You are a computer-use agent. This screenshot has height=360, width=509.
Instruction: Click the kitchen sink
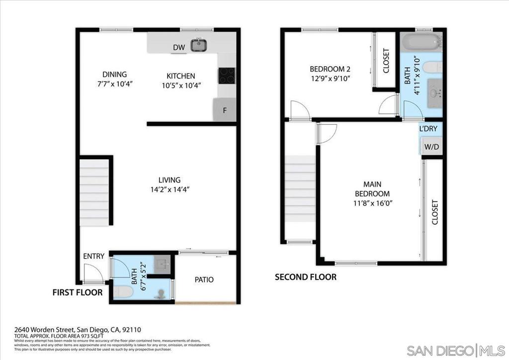pos(199,45)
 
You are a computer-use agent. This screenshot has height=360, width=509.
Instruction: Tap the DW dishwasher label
pos(179,48)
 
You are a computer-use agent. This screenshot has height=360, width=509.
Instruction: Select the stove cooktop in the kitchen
pos(226,76)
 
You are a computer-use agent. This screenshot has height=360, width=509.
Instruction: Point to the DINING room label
pos(115,75)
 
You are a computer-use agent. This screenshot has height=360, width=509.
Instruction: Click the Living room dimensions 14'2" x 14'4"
pos(170,189)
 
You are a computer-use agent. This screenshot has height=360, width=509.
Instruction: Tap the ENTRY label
pos(93,256)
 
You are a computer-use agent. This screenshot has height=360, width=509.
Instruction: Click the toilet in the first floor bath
pos(123,292)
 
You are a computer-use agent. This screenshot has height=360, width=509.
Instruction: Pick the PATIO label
pos(204,279)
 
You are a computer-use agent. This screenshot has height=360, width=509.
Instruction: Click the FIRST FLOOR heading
pos(78,292)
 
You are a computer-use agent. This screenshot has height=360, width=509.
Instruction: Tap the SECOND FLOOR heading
pos(305,277)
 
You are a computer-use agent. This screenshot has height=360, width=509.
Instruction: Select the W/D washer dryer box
pos(431,147)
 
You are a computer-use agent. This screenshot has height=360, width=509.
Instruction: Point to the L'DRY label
pos(428,129)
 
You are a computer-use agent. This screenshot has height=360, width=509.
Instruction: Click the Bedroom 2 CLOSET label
pos(386,61)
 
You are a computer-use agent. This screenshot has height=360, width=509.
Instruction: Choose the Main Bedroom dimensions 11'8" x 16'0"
pos(372,203)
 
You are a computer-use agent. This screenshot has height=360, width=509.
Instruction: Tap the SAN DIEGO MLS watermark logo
pos(454,350)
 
